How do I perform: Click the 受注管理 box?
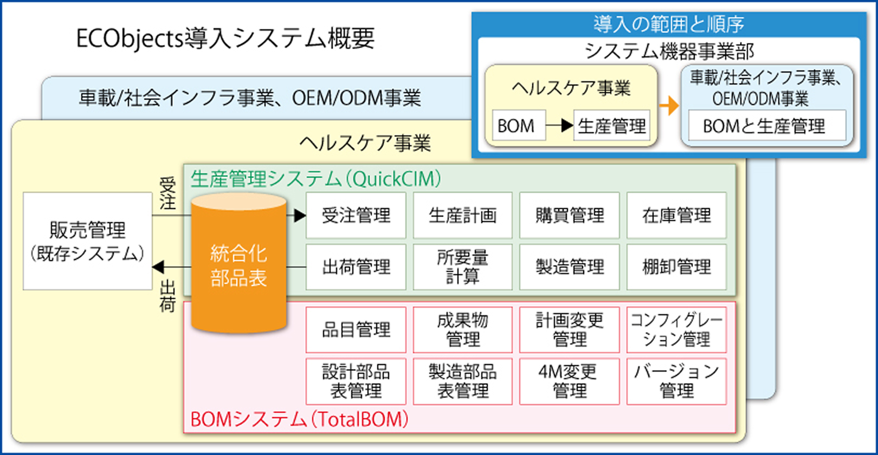356,215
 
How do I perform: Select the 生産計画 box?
462,215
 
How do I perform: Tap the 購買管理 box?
569,215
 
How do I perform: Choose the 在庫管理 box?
676,215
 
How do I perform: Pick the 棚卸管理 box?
676,266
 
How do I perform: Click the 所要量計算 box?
462,266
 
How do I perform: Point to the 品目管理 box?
356,329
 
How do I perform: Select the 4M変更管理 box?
569,381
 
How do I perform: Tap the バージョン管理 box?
676,381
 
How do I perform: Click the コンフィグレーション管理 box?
676,329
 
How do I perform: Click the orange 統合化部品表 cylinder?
238,265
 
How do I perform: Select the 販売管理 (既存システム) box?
87,241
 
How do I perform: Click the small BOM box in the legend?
515,126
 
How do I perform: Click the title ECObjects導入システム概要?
225,38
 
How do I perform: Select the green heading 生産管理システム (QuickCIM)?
316,179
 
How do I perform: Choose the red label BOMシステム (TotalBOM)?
299,419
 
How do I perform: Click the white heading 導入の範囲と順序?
668,24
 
